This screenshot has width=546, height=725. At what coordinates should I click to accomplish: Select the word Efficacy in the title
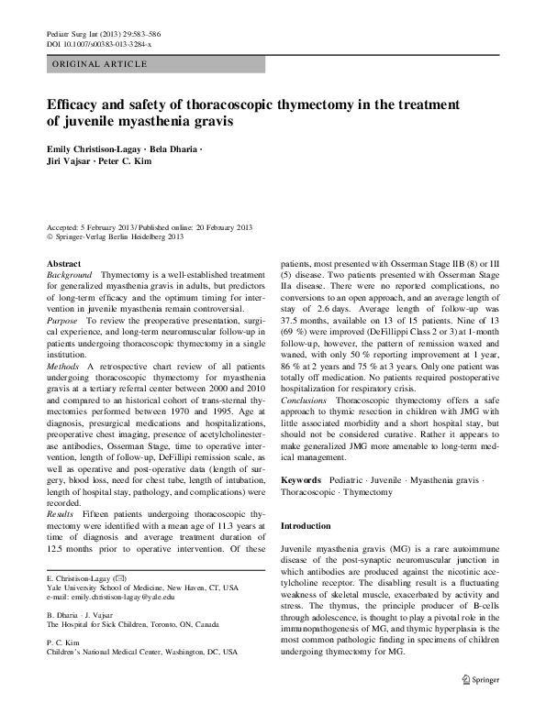pos(71,104)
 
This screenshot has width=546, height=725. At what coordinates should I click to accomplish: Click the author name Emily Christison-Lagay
pos(91,148)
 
